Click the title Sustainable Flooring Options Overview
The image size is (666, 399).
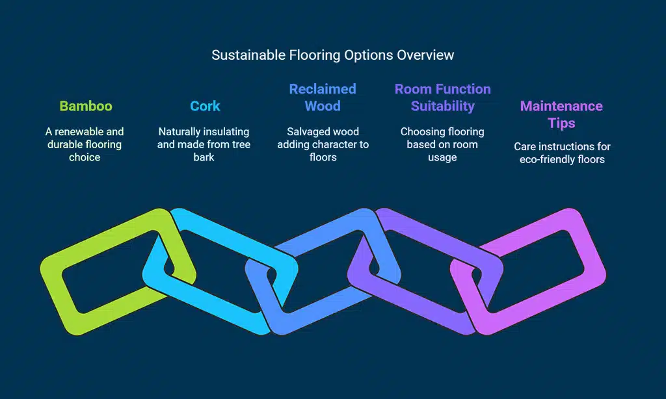[x=332, y=55]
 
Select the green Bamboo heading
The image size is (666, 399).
[x=85, y=106]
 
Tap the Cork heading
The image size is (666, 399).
[x=205, y=106]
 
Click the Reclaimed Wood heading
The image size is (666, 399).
[x=323, y=97]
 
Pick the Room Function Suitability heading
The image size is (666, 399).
[x=442, y=97]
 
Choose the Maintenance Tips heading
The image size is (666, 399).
[x=561, y=114]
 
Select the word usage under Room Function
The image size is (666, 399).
[x=442, y=157]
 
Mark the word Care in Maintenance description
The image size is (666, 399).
[x=526, y=146]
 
